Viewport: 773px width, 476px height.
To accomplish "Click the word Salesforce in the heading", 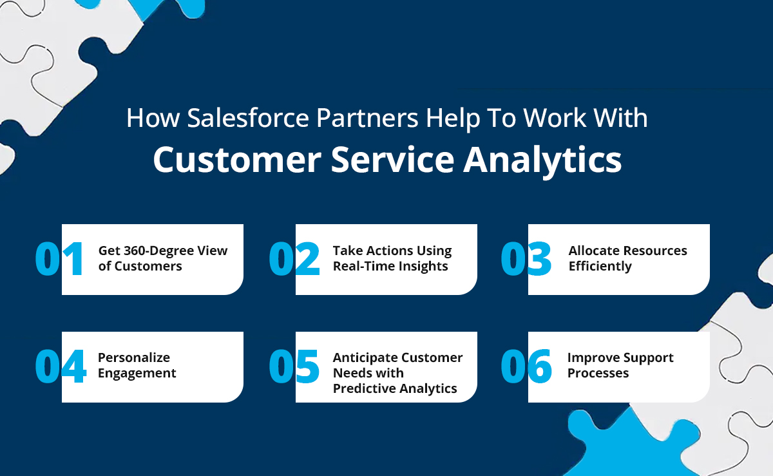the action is click(x=248, y=118).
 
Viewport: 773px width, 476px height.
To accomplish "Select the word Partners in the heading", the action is click(x=367, y=119).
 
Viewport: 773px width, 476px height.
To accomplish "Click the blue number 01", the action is click(x=59, y=258).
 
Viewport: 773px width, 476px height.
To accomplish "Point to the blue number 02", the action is click(x=294, y=258).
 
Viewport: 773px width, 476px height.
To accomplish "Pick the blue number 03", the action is click(x=526, y=258).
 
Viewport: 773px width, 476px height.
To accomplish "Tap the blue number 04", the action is click(x=61, y=366).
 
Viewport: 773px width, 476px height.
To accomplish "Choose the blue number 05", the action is click(x=294, y=366).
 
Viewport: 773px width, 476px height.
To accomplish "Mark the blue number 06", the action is click(x=526, y=366).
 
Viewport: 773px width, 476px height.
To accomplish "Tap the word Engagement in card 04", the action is click(x=137, y=374).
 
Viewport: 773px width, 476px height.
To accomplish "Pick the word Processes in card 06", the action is click(x=598, y=373).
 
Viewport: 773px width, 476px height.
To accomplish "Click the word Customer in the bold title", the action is click(x=238, y=160).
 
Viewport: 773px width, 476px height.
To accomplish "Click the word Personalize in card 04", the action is click(x=134, y=357).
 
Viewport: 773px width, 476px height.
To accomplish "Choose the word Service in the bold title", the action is click(x=392, y=160).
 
